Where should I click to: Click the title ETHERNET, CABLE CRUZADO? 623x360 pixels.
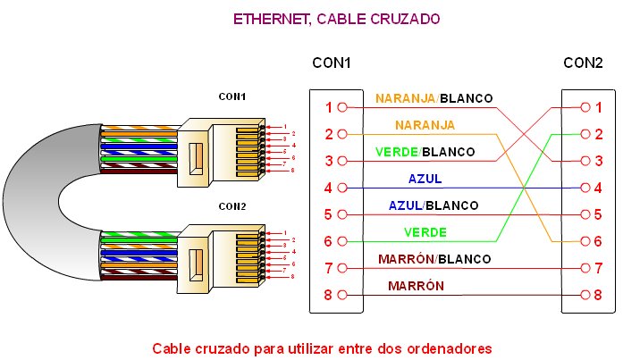[336, 18]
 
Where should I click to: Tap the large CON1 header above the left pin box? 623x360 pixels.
[331, 63]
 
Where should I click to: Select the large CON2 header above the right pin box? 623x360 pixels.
[583, 63]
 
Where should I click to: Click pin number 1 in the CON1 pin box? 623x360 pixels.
[329, 107]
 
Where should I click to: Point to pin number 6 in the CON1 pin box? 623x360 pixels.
[329, 242]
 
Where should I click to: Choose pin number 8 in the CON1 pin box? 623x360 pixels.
[329, 296]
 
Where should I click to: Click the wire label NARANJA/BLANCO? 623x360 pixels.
[434, 97]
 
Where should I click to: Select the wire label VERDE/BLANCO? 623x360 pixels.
[425, 152]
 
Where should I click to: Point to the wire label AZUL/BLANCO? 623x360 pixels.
[433, 205]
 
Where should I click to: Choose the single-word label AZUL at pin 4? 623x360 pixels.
[425, 179]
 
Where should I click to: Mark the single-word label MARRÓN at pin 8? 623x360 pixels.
[416, 286]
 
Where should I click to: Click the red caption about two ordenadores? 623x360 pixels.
[323, 347]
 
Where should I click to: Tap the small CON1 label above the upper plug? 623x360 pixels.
[232, 96]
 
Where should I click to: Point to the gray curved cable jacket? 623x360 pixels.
[27, 188]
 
